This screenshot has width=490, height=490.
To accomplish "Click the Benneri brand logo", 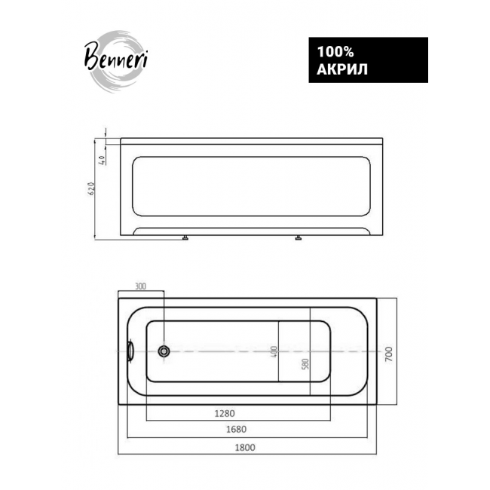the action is click(116, 61).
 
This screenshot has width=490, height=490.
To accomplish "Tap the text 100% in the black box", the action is click(335, 52).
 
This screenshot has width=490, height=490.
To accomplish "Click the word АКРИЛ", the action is click(342, 69).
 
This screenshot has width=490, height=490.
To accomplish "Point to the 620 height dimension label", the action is click(91, 188).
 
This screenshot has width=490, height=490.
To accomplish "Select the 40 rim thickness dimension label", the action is click(103, 159).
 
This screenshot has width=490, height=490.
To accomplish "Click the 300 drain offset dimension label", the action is click(140, 286).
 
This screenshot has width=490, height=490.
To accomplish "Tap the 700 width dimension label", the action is click(388, 354).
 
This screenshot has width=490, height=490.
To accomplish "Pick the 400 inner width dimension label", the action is click(274, 351).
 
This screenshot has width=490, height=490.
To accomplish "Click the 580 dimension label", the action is click(305, 363).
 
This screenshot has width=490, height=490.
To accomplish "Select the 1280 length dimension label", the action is click(225, 413).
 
